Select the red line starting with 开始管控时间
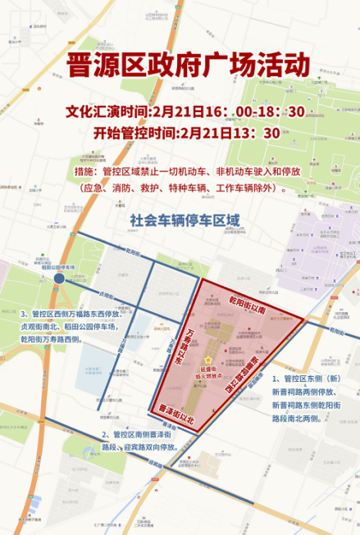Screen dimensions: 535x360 pos(187,134)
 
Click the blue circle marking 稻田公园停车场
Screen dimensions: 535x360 pos(59,279)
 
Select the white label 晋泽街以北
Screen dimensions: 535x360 pos(176,413)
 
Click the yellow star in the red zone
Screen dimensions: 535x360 pos(208,360)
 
